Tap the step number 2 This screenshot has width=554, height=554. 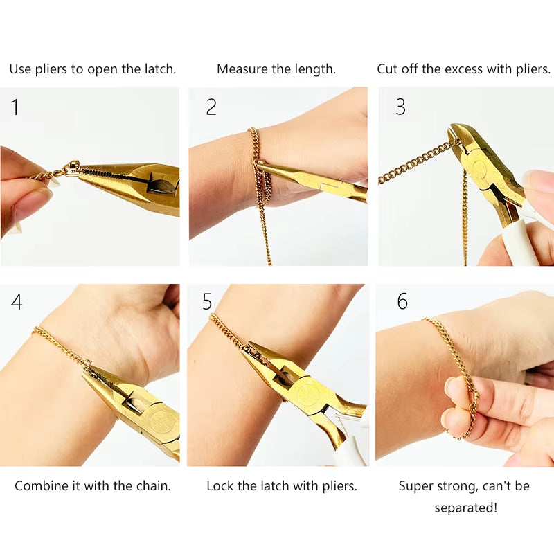[211, 107]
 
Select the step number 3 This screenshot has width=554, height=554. [400, 107]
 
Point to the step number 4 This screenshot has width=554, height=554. [17, 302]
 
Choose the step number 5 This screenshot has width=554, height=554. [207, 302]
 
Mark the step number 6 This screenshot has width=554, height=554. [402, 302]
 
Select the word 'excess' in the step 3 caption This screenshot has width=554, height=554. [462, 69]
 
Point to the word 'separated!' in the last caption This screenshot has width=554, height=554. [465, 508]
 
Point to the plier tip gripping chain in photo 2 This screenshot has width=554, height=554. [263, 165]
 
